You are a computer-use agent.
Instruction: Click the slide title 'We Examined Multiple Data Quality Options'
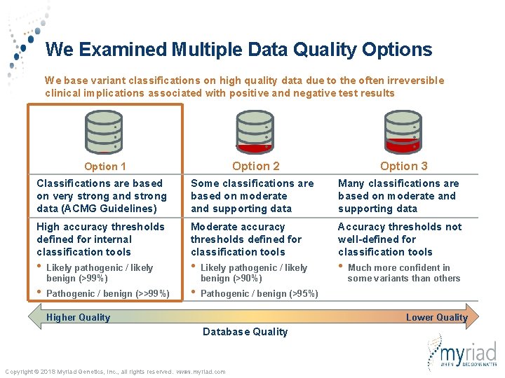pyautogui.click(x=238, y=50)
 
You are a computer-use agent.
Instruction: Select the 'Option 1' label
pyautogui.click(x=105, y=167)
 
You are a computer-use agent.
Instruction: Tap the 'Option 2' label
pyautogui.click(x=255, y=166)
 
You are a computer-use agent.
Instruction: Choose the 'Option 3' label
pyautogui.click(x=403, y=166)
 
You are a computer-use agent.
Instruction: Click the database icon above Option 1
pyautogui.click(x=105, y=132)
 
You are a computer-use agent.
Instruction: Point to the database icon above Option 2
pyautogui.click(x=254, y=132)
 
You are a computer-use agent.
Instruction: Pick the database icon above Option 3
pyautogui.click(x=403, y=132)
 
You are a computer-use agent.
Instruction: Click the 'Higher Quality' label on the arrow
pyautogui.click(x=78, y=317)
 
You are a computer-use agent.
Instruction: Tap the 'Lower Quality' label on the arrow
pyautogui.click(x=436, y=317)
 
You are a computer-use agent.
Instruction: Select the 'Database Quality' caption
pyautogui.click(x=245, y=332)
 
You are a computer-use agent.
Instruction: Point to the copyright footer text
pyautogui.click(x=115, y=371)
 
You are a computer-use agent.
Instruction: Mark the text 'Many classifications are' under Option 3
pyautogui.click(x=398, y=183)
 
